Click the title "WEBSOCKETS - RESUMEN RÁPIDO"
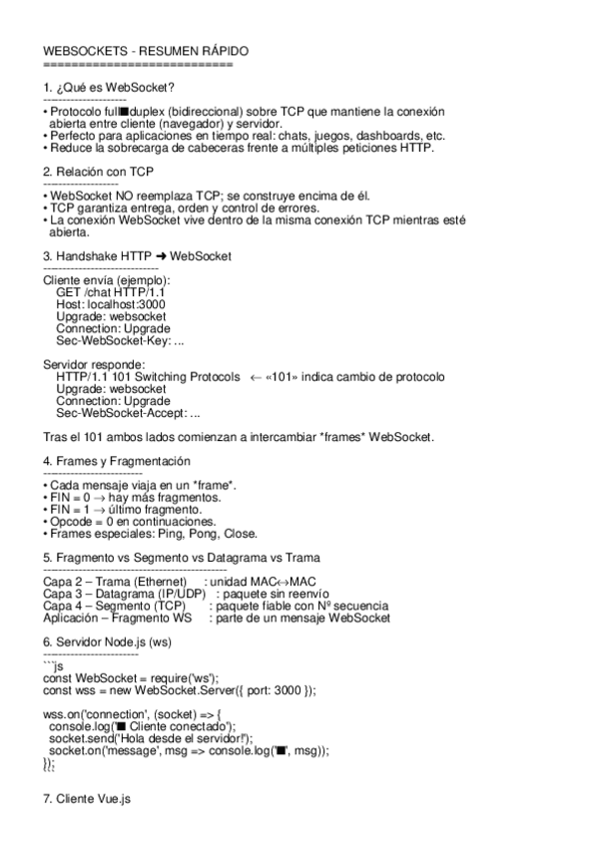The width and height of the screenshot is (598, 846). tap(146, 51)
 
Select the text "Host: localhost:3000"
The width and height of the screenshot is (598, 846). tap(111, 304)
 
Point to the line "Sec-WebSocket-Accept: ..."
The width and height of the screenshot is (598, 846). tap(128, 413)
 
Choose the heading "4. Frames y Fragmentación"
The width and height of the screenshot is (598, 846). tap(117, 461)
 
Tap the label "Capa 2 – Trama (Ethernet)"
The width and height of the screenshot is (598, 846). tap(116, 582)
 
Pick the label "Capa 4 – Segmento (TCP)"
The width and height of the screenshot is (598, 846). tap(110, 606)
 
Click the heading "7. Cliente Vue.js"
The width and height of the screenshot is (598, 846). tap(87, 800)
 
